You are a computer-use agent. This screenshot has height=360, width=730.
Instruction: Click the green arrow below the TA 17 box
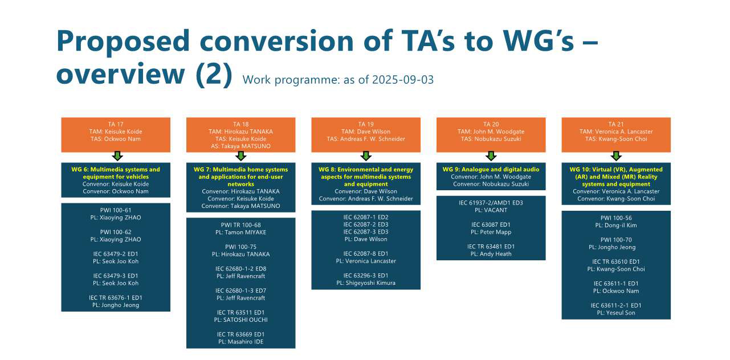tap(117, 156)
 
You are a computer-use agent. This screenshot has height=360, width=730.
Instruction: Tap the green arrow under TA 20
tap(491, 156)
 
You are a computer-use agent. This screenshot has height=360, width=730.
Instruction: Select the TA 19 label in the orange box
tap(366, 124)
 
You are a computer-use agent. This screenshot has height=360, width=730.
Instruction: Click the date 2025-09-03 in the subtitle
tap(403, 80)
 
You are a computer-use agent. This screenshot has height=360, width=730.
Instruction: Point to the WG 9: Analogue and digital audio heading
tap(491, 169)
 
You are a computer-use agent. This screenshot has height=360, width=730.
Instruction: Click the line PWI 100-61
tap(116, 210)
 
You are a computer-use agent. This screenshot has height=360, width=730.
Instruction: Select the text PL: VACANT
tap(491, 210)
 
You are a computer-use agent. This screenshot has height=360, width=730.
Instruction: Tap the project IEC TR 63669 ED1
tap(241, 334)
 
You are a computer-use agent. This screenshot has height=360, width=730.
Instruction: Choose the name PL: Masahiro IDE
tap(241, 342)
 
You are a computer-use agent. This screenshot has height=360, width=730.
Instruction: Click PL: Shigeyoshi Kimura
tap(366, 283)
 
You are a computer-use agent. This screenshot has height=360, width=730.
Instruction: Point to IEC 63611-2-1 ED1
tap(616, 305)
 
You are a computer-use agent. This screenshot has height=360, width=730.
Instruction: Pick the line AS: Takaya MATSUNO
tap(241, 146)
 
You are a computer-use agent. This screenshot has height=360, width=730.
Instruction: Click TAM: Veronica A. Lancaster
tap(616, 132)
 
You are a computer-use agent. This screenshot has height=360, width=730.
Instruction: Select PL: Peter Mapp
tap(491, 232)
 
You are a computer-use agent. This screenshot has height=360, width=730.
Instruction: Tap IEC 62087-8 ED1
tap(366, 253)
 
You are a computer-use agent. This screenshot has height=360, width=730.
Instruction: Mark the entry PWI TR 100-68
tap(241, 225)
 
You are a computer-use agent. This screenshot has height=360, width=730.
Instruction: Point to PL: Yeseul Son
tap(616, 313)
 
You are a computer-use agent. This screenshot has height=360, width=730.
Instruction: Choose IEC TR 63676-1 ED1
tap(116, 297)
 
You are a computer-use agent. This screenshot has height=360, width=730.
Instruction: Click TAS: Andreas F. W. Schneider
tap(366, 139)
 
